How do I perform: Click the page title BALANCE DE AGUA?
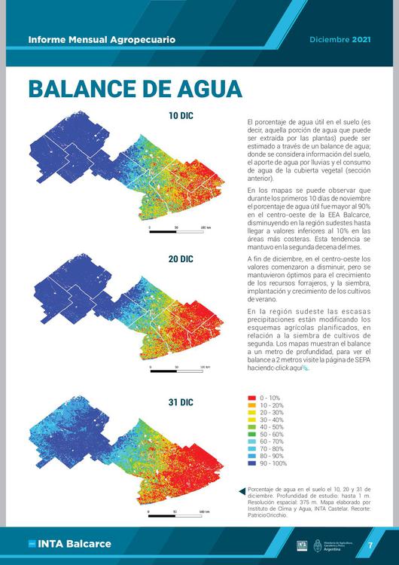[x=136, y=88]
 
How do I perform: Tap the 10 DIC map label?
[x=181, y=116]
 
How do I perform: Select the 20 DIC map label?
[x=181, y=259]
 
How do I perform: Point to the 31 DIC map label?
[x=181, y=402]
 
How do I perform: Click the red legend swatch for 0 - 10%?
[x=251, y=397]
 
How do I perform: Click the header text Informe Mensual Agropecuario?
[x=102, y=38]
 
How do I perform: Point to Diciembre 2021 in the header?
[x=340, y=38]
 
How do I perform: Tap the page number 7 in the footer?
[x=370, y=545]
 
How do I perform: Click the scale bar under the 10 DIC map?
[x=177, y=231]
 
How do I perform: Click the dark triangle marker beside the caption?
[x=242, y=490]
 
